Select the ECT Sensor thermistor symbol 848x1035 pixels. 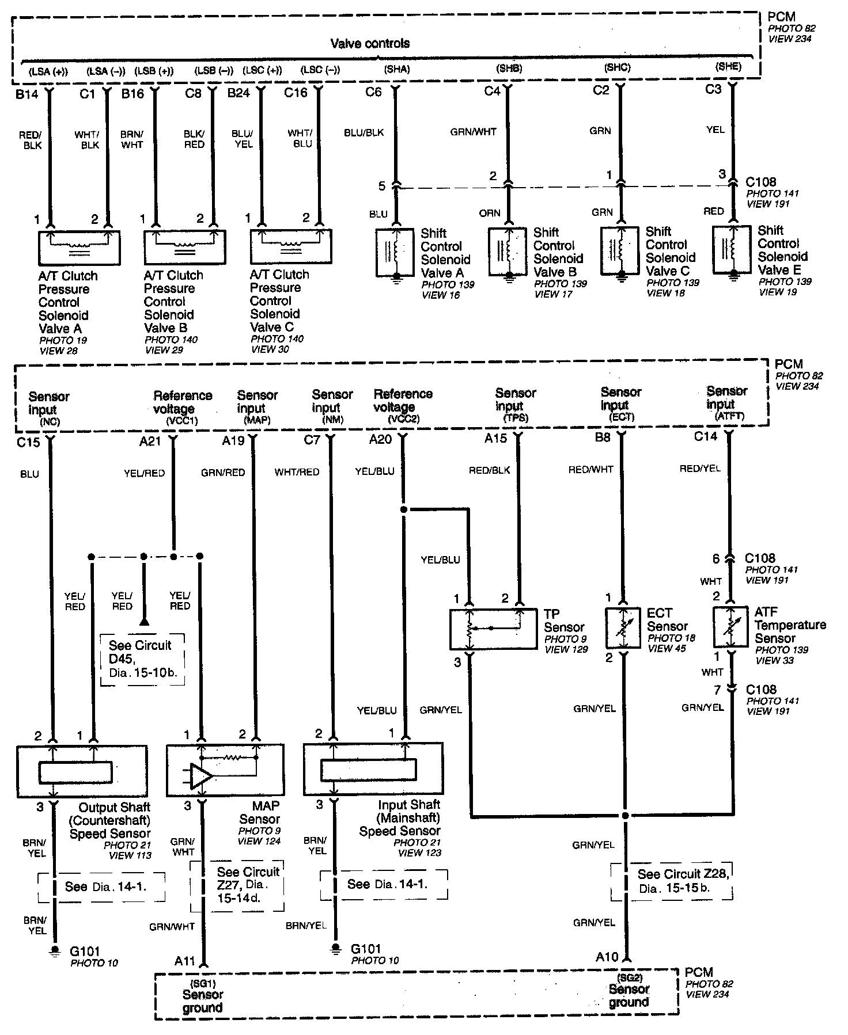click(623, 628)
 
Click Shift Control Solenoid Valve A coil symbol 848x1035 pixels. click(395, 251)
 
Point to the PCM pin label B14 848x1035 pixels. click(26, 94)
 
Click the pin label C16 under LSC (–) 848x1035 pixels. click(296, 93)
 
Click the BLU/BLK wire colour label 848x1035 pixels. click(364, 132)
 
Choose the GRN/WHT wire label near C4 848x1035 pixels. click(473, 131)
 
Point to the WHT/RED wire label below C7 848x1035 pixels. click(297, 472)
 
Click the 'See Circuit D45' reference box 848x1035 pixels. click(142, 659)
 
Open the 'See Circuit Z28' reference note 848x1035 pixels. click(672, 881)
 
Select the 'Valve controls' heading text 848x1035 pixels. click(370, 43)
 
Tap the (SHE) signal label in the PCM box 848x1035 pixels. click(728, 67)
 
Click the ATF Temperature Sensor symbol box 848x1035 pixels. click(730, 628)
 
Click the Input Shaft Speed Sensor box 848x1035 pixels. click(373, 770)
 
